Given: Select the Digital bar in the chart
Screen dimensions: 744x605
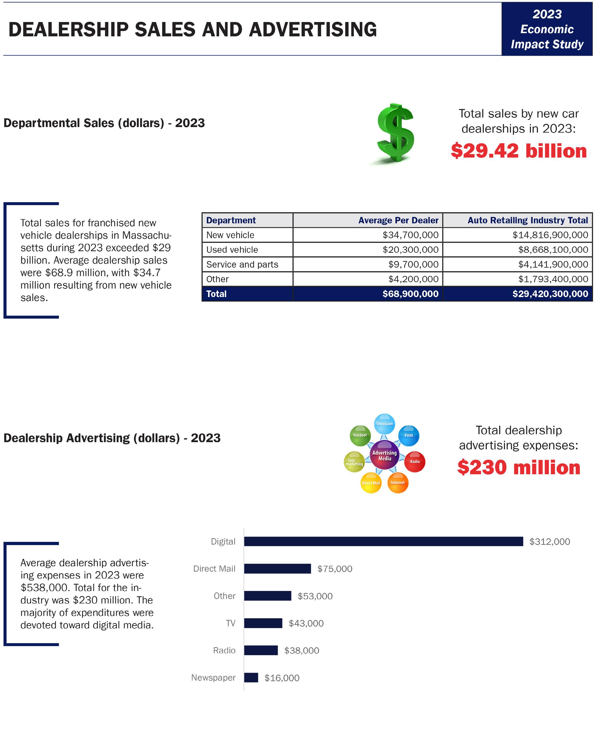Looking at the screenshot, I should pos(383,541).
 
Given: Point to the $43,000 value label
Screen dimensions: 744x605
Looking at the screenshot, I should pos(306,623).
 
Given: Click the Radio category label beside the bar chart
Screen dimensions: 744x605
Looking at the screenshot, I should pos(224,650).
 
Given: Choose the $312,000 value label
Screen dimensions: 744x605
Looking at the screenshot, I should pos(550,542).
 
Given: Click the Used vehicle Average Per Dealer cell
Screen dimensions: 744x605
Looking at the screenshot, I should pos(410,250).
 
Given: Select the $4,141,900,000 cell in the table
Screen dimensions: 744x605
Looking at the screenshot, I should pos(553,264).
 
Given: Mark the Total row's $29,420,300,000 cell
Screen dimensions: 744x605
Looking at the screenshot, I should pos(550,294).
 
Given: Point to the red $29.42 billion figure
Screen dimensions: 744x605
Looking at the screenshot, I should pos(518,151).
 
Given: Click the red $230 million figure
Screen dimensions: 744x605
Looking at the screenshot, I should pos(518,467).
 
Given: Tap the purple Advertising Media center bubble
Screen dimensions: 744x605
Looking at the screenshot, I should pos(384,455).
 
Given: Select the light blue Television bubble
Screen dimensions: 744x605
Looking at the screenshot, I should pos(384,424).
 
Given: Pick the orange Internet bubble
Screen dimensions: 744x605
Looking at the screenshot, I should pos(398,482).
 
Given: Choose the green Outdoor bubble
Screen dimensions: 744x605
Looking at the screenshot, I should pos(360,435).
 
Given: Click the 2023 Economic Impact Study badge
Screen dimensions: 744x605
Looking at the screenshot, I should pos(547,29).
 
